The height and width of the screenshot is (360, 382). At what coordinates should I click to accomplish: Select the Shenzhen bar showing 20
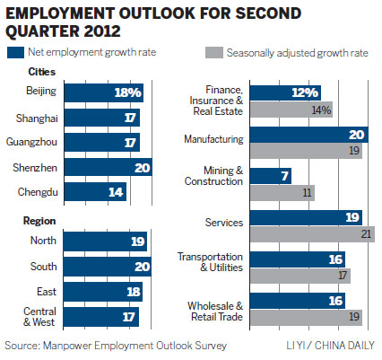pyautogui.click(x=107, y=168)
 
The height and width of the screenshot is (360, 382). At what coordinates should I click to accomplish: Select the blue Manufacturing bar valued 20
pyautogui.click(x=308, y=134)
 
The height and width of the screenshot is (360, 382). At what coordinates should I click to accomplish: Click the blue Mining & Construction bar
pyautogui.click(x=270, y=175)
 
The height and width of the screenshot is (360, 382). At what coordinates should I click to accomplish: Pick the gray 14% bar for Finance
pyautogui.click(x=291, y=110)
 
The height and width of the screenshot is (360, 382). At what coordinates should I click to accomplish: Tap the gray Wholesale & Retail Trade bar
pyautogui.click(x=305, y=316)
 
